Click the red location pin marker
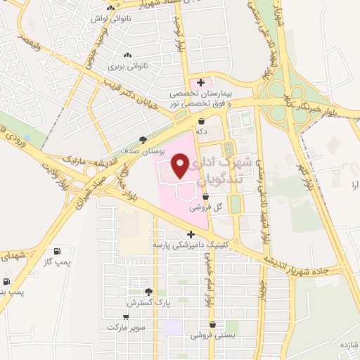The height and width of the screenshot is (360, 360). tap(181, 165)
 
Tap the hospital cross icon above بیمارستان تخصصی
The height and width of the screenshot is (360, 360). tap(201, 82)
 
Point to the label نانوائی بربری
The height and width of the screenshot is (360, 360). tap(126, 67)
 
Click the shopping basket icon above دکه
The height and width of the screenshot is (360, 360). tap(202, 121)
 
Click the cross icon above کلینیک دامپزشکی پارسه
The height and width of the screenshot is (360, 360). tap(190, 234)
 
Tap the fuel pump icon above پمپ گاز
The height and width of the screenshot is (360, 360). tap(56, 252)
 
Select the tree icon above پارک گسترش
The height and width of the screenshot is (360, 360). tap(148, 292)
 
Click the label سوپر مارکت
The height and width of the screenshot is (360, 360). tap(125, 327)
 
